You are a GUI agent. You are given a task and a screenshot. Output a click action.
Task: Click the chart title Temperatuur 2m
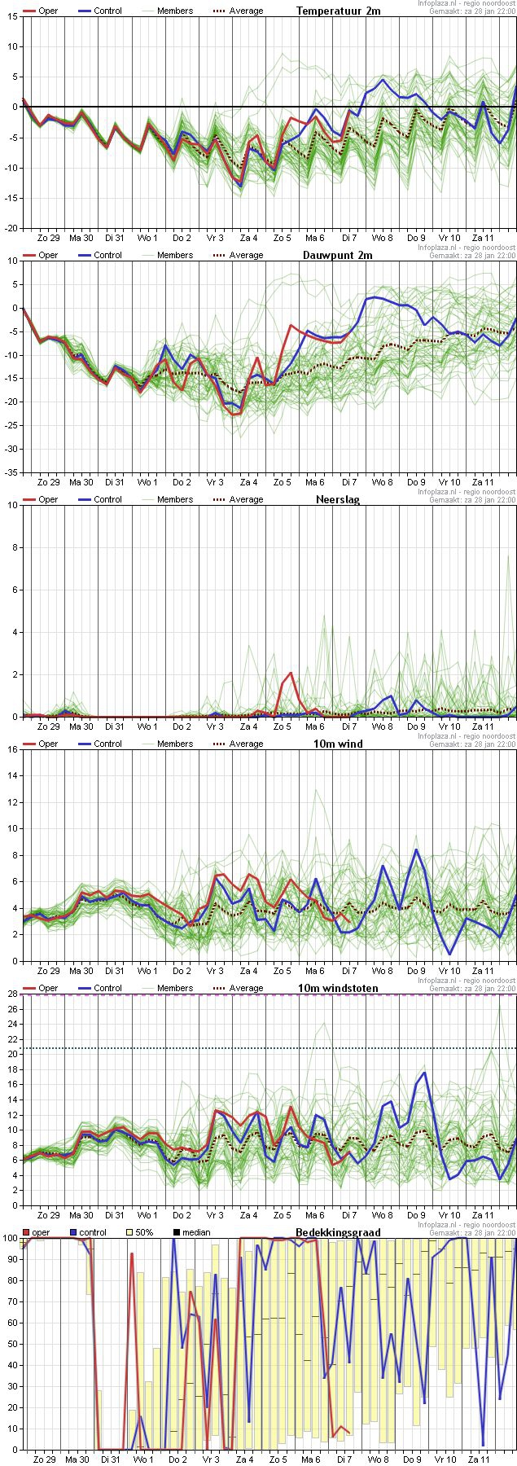338,11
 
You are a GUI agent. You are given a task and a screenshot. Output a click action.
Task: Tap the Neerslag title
338,499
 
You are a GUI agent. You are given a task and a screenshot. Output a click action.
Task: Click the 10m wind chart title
338,744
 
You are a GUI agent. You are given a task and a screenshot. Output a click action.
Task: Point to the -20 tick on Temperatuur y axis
10,228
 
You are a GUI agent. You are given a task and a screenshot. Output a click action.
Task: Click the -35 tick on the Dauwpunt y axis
10,472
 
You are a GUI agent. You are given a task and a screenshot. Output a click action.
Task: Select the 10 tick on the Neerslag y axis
11,505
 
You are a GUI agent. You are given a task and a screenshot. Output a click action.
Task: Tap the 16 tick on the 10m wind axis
11,749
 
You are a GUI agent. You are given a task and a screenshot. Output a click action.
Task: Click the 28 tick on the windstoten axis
11,994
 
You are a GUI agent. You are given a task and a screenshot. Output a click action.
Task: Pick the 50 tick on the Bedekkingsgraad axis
10,1344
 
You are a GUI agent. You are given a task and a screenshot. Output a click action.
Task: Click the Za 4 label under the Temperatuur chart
248,238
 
